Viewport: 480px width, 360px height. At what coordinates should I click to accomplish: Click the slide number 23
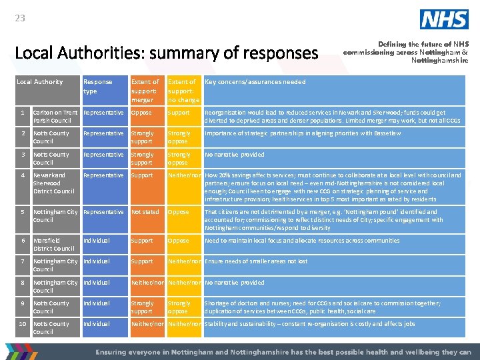tap(20, 18)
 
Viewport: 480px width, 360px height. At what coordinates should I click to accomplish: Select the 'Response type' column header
tap(97, 86)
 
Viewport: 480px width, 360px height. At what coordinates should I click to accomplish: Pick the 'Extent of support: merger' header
tap(145, 91)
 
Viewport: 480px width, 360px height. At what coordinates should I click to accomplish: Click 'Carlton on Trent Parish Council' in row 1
tap(55, 117)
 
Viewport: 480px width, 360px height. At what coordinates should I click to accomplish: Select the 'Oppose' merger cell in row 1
tap(141, 113)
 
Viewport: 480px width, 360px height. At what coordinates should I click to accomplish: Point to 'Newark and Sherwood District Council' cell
tap(54, 183)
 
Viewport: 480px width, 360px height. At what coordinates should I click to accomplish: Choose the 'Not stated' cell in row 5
tap(145, 212)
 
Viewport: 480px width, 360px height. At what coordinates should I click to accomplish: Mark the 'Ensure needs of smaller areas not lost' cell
tap(256, 261)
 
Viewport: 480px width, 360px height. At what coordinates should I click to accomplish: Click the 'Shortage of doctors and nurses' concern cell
tap(323, 307)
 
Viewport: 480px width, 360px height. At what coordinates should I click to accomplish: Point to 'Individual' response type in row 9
tap(97, 303)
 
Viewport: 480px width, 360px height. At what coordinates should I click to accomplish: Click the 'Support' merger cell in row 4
tap(141, 175)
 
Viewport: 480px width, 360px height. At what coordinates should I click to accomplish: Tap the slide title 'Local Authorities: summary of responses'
tap(166, 52)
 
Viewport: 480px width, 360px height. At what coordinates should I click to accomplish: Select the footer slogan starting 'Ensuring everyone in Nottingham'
tap(283, 352)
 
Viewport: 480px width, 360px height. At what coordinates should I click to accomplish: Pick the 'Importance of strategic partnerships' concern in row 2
tap(303, 133)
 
